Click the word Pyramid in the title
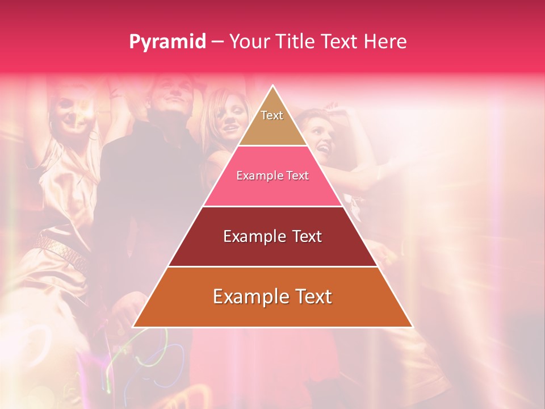click(x=167, y=42)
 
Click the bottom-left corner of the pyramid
click(x=134, y=327)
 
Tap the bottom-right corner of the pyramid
click(x=412, y=327)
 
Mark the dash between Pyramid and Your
click(x=217, y=42)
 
